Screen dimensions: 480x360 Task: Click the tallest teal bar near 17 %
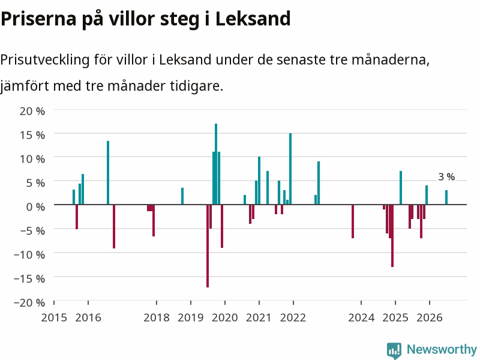(x=216, y=164)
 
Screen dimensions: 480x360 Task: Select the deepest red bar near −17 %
(x=208, y=246)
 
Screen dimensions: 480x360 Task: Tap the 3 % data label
(x=446, y=176)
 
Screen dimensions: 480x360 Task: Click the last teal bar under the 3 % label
(x=446, y=197)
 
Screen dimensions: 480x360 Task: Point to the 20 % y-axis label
(x=32, y=111)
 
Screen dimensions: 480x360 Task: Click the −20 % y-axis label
(x=29, y=302)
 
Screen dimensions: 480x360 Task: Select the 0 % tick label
(x=35, y=207)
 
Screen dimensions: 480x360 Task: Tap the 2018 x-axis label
(x=157, y=318)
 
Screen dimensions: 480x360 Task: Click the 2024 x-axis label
(x=361, y=318)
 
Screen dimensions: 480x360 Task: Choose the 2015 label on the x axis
(x=54, y=318)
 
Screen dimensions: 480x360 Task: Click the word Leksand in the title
(x=253, y=19)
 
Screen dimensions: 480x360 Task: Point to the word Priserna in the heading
(x=38, y=19)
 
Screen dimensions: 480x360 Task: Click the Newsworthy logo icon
(x=394, y=350)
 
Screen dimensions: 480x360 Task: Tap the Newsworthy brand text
(x=442, y=349)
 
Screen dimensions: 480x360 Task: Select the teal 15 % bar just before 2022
(x=290, y=169)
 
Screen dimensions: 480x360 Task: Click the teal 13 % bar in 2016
(x=108, y=173)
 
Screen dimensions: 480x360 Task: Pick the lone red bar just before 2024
(x=353, y=221)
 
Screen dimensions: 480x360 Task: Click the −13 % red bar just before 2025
(x=392, y=236)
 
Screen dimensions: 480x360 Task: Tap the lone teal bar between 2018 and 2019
(x=182, y=196)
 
